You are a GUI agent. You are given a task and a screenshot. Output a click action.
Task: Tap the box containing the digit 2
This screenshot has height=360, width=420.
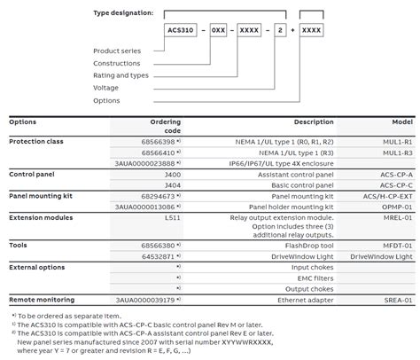282,30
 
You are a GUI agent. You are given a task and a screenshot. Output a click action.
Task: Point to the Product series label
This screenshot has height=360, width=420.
118,51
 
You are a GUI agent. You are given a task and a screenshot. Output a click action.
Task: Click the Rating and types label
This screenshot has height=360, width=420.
122,75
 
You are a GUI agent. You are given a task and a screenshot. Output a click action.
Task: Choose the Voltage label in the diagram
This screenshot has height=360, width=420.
108,88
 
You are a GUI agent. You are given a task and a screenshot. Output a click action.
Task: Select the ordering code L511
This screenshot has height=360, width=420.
172,215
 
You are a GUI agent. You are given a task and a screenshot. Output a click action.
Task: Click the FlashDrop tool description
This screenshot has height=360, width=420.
312,245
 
